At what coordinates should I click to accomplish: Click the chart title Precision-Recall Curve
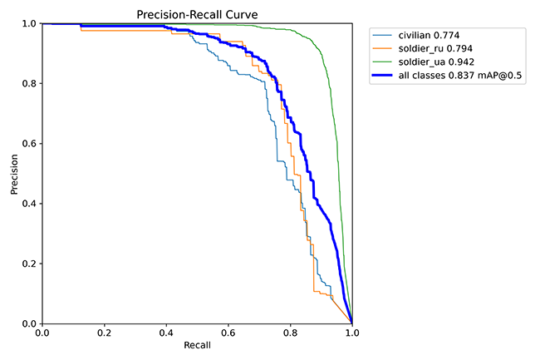click(x=197, y=14)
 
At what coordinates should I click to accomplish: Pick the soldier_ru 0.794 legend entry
click(x=427, y=49)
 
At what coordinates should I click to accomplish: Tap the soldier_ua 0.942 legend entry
click(x=427, y=62)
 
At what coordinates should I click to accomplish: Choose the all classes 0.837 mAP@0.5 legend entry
click(x=450, y=76)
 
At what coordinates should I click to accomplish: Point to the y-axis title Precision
click(x=14, y=174)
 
